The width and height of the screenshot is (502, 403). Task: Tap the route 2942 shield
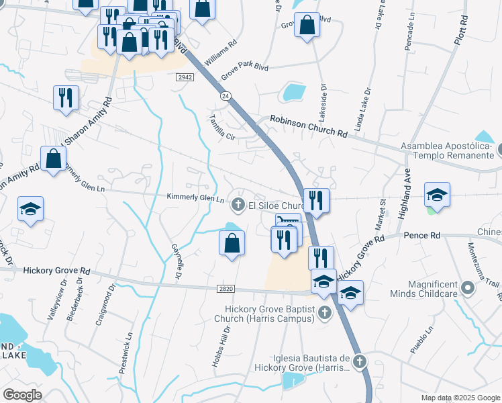(185, 78)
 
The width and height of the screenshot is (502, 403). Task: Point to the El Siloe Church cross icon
(237, 204)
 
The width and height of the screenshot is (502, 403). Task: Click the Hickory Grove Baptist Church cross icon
(325, 312)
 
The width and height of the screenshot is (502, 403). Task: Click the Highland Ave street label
(404, 193)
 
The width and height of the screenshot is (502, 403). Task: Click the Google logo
(23, 395)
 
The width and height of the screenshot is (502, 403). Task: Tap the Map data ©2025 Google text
(460, 398)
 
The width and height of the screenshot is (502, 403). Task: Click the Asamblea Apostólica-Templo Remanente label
(447, 150)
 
